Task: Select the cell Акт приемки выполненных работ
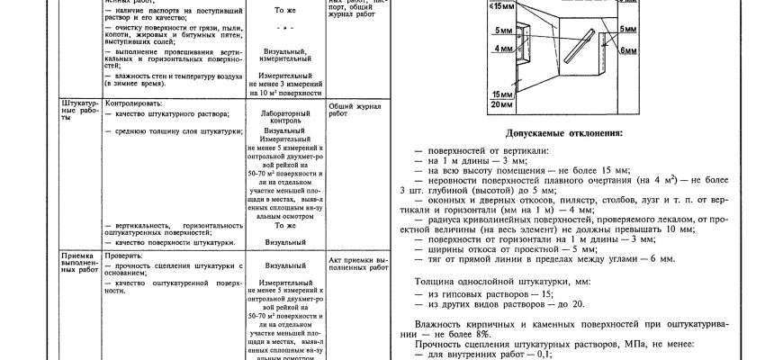point(357,263)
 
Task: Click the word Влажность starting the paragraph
point(438,322)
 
